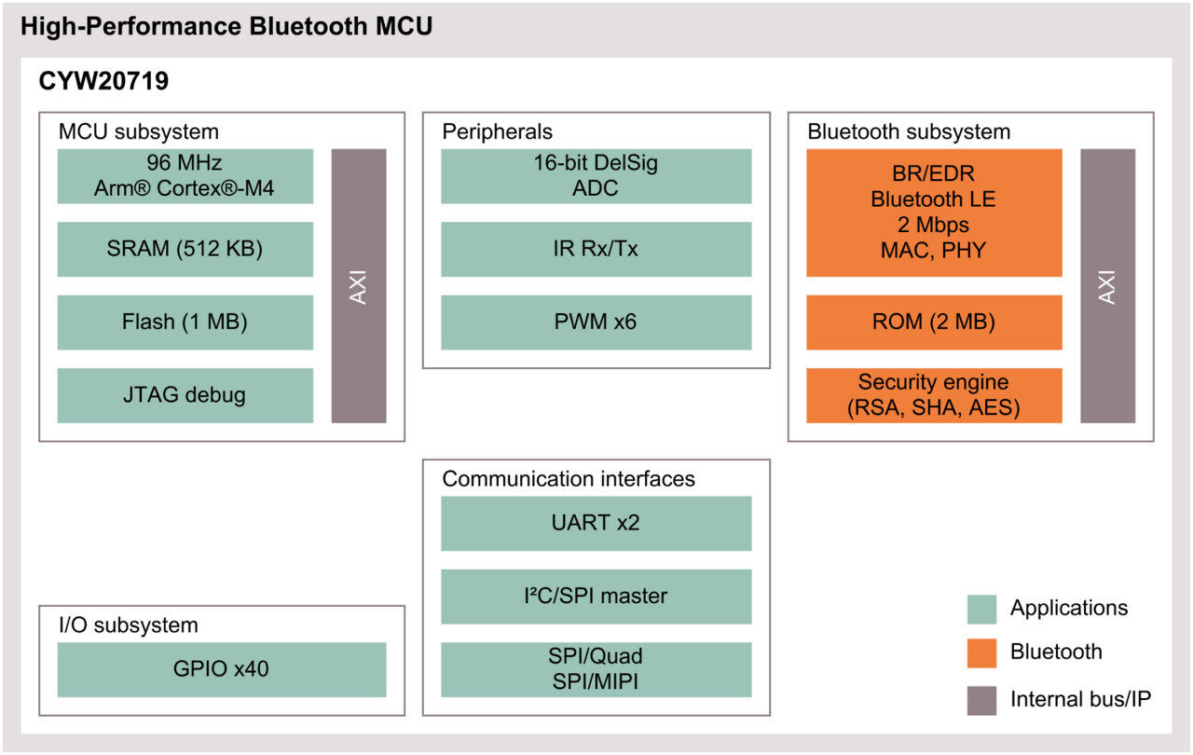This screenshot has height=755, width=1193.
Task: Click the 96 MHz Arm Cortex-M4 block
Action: [185, 176]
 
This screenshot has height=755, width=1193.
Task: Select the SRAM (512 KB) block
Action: [185, 249]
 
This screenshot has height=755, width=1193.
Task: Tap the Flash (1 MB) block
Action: [185, 323]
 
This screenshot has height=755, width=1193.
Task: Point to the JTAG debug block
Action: [185, 395]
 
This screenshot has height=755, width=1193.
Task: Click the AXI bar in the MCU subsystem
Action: [359, 285]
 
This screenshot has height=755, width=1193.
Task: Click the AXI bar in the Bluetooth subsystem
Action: [1107, 285]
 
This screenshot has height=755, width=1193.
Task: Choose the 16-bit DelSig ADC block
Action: [596, 176]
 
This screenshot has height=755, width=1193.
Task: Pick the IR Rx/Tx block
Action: [596, 249]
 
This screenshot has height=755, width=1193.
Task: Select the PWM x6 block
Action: [596, 323]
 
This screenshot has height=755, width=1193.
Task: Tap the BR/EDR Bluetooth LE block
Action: [933, 213]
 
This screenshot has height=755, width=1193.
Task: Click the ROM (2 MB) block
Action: [933, 323]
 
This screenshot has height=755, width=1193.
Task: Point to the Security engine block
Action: [933, 395]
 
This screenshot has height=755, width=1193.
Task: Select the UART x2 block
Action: [596, 523]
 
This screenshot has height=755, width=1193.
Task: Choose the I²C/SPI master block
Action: [596, 597]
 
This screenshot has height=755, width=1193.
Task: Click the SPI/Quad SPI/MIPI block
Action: [596, 669]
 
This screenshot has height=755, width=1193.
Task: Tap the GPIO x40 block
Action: [221, 669]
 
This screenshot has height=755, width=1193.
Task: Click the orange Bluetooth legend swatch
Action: [981, 652]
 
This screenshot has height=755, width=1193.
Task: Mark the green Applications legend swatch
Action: [981, 609]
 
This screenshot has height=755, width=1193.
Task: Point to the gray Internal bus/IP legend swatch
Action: [981, 698]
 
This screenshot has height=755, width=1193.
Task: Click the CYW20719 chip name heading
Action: [103, 82]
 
